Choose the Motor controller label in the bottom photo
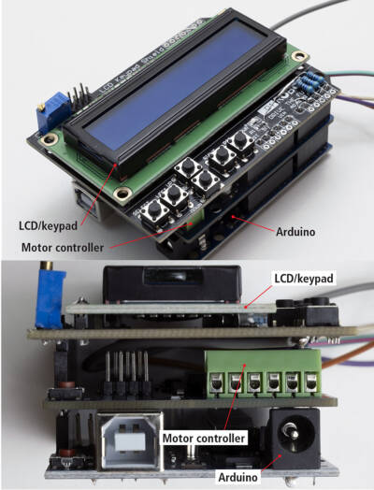[204, 437]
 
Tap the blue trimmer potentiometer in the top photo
[49, 117]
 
